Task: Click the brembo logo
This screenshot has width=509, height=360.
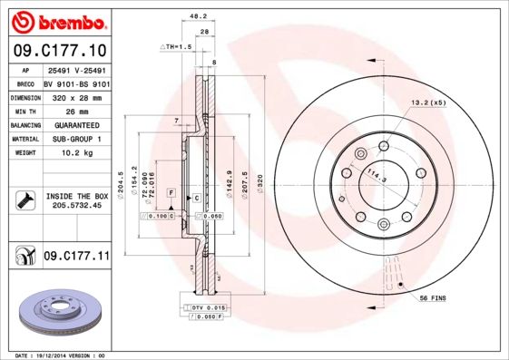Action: pos(57,21)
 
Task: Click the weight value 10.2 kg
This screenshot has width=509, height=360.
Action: pos(76,153)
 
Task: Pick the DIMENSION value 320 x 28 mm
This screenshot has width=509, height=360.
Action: pos(76,95)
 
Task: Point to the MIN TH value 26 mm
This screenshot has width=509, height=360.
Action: pos(76,110)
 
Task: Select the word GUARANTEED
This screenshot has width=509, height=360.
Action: pos(76,124)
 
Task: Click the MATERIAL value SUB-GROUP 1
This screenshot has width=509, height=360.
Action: pos(76,139)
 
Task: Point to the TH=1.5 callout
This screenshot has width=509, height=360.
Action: pos(177,45)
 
